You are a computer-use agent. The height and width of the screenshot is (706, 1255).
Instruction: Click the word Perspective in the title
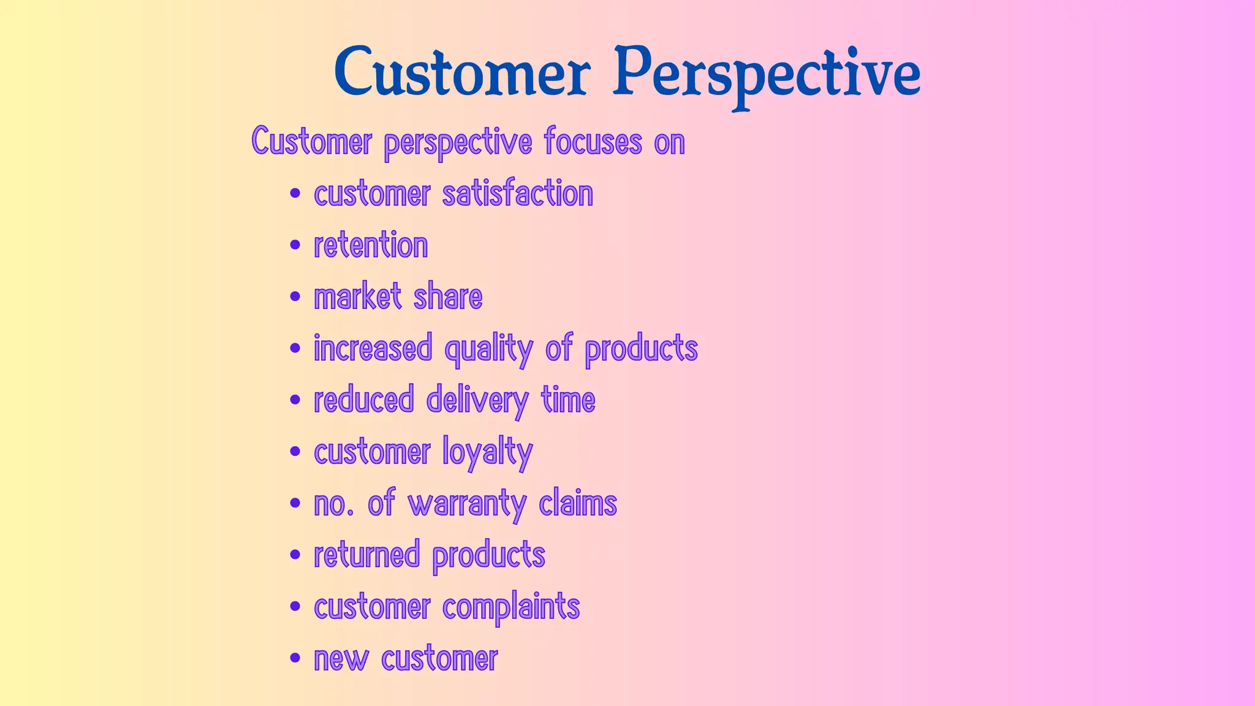[767, 74]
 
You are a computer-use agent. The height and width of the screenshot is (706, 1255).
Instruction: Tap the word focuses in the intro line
[593, 142]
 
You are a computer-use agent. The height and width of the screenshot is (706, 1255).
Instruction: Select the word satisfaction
[517, 194]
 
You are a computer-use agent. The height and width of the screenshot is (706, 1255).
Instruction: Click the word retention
[371, 245]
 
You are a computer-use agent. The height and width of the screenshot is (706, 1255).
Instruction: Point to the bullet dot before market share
[295, 297]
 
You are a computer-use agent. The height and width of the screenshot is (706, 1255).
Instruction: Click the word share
[448, 297]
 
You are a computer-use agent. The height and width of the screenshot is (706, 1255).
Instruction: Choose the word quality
[488, 349]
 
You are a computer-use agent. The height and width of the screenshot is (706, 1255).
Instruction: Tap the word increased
[373, 348]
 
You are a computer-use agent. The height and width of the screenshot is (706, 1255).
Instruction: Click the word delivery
[477, 401]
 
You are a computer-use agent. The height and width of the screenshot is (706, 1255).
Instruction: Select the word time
[568, 400]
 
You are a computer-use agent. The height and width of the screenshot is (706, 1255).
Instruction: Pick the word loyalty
[487, 453]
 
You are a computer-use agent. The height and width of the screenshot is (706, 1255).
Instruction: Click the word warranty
[467, 504]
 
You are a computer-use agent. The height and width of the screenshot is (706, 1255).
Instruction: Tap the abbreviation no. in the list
[333, 504]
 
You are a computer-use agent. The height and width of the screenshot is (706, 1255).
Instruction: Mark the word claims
[578, 503]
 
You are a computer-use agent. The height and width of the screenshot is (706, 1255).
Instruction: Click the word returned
[366, 555]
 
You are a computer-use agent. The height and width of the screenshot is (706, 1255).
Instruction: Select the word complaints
[510, 607]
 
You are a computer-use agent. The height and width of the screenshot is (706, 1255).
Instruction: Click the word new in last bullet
[341, 659]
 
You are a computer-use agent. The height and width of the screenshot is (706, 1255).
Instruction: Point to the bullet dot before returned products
[295, 555]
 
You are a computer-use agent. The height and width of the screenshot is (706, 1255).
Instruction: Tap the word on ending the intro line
[669, 143]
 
